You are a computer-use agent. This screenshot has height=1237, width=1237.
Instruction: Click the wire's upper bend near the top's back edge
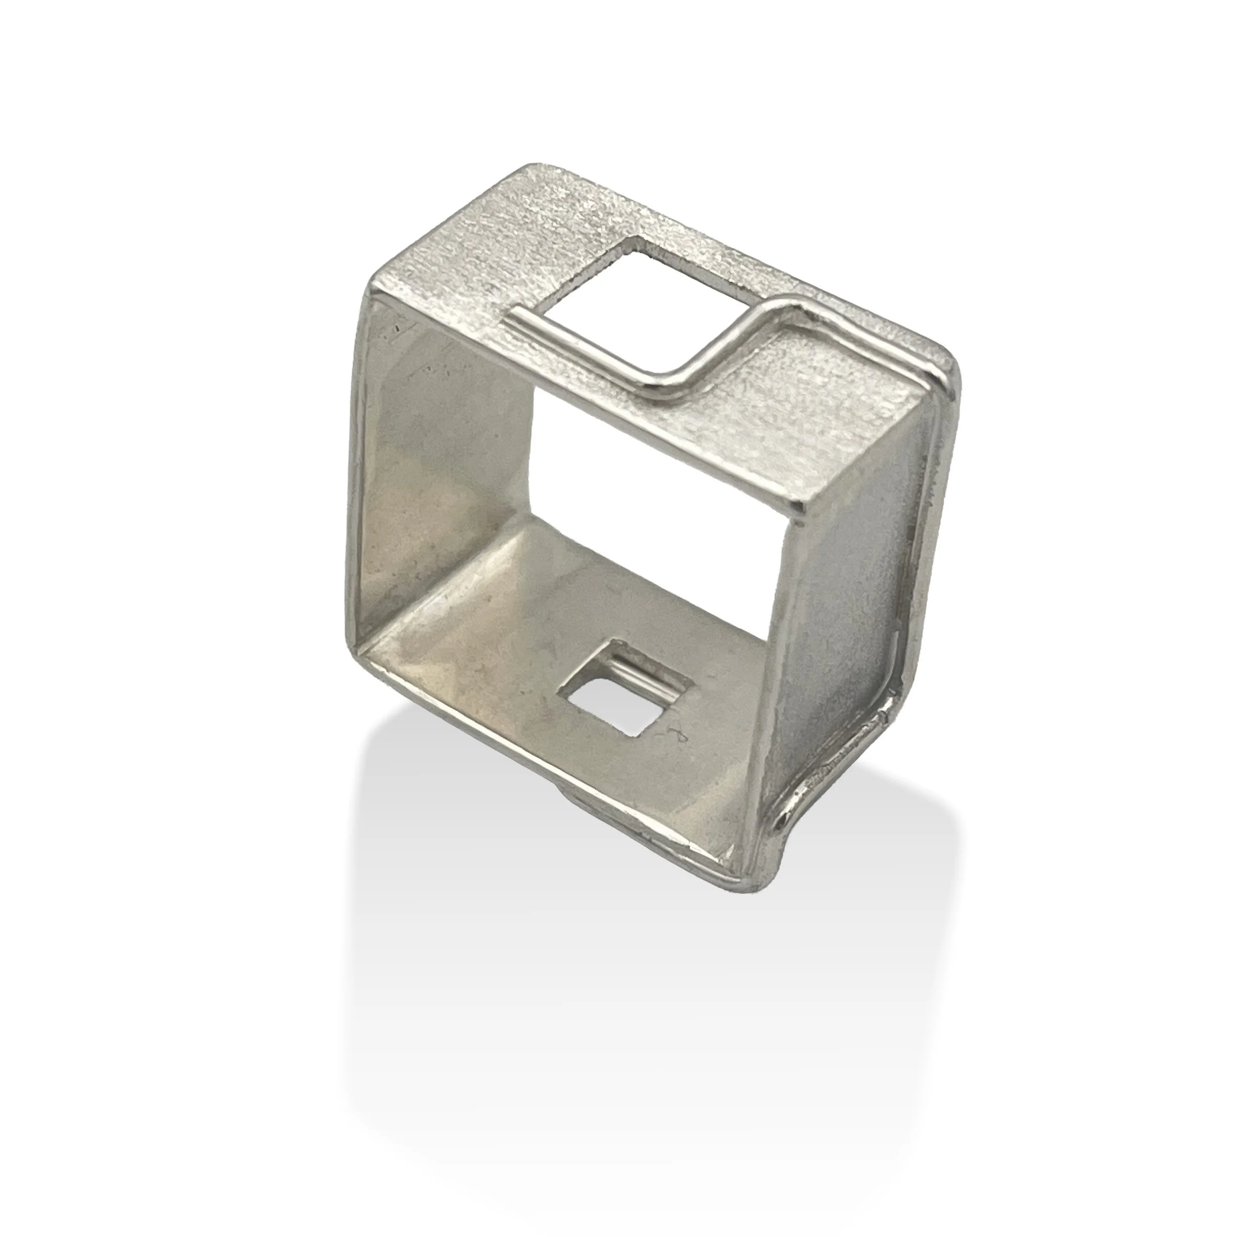pos(778,306)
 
